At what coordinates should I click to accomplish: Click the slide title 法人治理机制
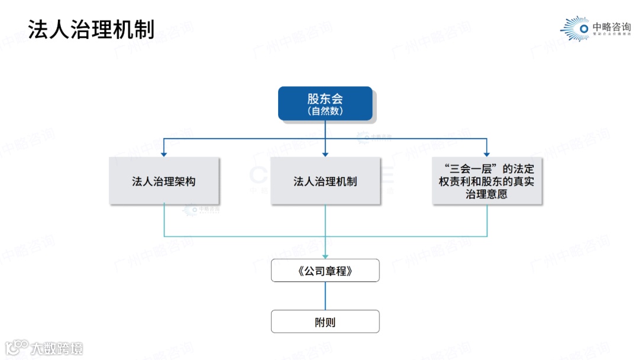(92, 28)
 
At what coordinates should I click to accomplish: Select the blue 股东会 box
(325, 103)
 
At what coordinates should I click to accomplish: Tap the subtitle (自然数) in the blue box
(325, 111)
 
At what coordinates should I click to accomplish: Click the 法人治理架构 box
(164, 181)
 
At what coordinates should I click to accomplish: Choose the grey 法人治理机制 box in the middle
(325, 181)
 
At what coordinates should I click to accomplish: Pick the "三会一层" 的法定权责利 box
(486, 181)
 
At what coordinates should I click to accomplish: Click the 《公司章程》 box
(325, 271)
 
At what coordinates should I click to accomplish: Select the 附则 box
(325, 322)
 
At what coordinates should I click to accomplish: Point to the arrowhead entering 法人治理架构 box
(164, 154)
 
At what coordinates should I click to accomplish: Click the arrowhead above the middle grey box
(325, 154)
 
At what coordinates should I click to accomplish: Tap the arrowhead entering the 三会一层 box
(486, 154)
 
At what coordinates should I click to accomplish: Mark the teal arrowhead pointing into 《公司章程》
(325, 256)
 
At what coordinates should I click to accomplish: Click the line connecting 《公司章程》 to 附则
(325, 296)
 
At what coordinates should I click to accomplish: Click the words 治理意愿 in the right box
(486, 194)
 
